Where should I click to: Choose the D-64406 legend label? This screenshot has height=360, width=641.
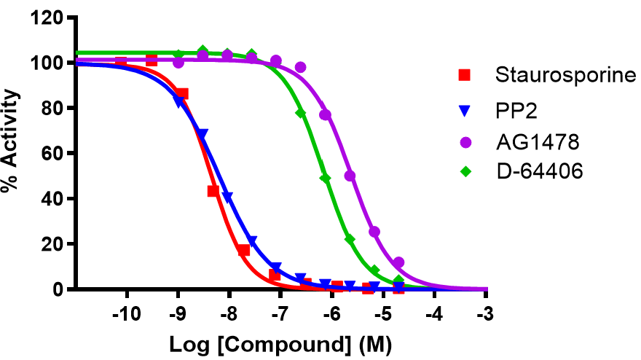point(530,173)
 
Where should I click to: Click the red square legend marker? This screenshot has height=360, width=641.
point(464,75)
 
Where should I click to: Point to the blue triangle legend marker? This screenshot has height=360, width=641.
point(464,111)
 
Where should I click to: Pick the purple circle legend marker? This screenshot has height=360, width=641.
point(464,142)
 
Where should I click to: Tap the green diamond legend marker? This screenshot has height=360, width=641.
point(464,173)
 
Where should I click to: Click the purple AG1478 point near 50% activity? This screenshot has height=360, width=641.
point(350,176)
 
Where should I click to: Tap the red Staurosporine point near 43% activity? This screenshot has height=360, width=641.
point(213,191)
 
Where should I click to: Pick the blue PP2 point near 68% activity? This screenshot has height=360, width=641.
point(202,135)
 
